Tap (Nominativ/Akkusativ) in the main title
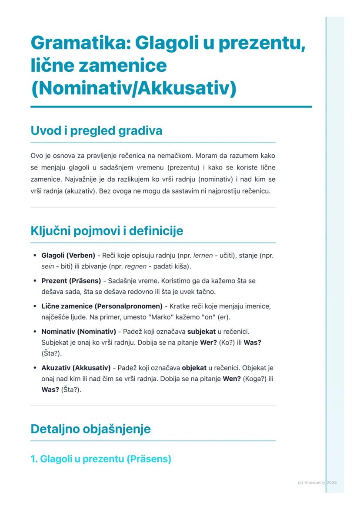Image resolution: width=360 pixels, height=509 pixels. (x=133, y=88)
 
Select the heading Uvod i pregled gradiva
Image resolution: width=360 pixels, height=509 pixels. (x=96, y=131)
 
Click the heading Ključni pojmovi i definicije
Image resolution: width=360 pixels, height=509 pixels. (x=107, y=231)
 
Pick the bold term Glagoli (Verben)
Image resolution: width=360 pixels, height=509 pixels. (x=68, y=256)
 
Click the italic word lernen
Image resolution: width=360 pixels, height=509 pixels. (x=203, y=256)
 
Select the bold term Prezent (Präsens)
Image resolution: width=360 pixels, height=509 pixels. (x=71, y=281)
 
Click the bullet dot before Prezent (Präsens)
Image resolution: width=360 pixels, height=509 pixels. (x=35, y=281)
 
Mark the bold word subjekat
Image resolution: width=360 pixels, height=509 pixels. (x=201, y=332)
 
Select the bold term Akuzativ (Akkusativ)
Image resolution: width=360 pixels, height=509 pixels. (x=76, y=368)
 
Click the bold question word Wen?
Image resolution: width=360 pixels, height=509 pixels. (x=232, y=379)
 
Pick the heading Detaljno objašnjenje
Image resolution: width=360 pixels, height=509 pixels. (x=90, y=429)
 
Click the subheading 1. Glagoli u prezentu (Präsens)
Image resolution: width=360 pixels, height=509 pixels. (x=101, y=459)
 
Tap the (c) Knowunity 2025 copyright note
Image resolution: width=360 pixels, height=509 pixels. (x=317, y=482)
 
